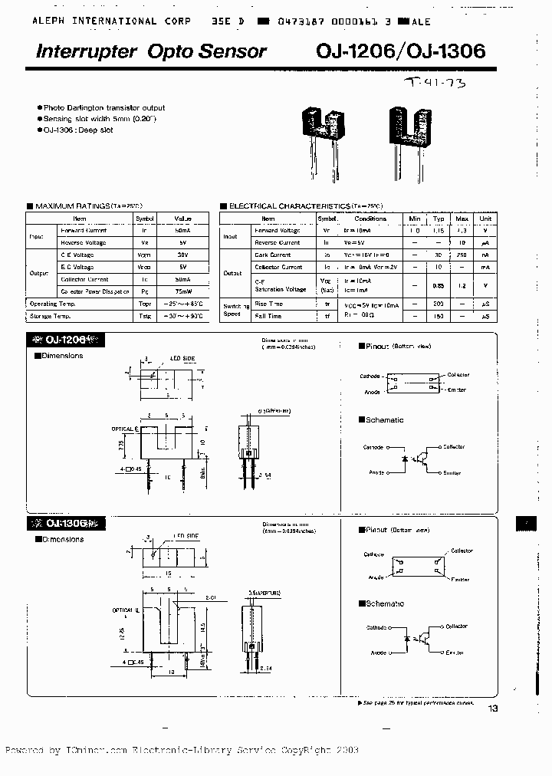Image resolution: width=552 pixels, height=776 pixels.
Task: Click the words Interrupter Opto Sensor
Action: pos(151,51)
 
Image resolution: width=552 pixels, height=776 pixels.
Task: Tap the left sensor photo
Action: pos(323,130)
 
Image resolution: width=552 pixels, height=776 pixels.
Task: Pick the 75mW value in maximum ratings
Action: pos(182,292)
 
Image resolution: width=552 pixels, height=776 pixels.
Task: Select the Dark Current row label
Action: pos(273,255)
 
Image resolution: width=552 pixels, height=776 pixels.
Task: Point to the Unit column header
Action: pos(484,218)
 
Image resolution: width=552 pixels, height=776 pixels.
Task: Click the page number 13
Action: pos(491,709)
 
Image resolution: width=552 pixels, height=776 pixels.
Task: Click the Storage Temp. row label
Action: pos(51,316)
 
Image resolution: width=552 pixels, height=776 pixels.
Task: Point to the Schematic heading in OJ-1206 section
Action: pos(384,420)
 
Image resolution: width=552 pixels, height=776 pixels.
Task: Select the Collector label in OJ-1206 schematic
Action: pos(453,446)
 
